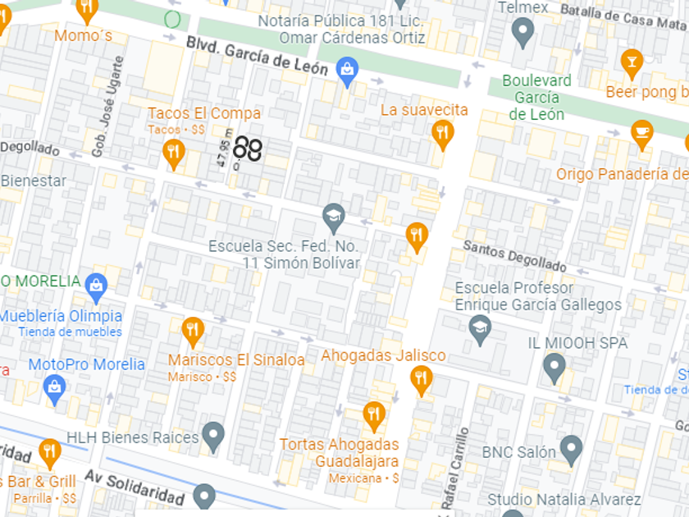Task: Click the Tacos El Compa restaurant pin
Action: pyautogui.click(x=172, y=151)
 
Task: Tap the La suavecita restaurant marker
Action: pyautogui.click(x=443, y=133)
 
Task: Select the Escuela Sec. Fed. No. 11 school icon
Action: pyautogui.click(x=333, y=217)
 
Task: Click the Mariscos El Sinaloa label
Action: pyautogui.click(x=236, y=359)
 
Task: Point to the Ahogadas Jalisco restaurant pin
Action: pyautogui.click(x=421, y=378)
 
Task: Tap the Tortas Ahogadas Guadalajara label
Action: pyautogui.click(x=339, y=452)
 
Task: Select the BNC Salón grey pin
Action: pyautogui.click(x=571, y=451)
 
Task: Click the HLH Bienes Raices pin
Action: pyautogui.click(x=213, y=436)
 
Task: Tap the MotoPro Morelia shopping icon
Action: pyautogui.click(x=55, y=388)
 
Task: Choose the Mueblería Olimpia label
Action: pyautogui.click(x=62, y=316)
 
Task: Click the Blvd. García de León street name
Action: pyautogui.click(x=257, y=56)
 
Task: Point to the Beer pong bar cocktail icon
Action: pyautogui.click(x=631, y=62)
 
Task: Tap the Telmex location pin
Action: pyautogui.click(x=522, y=32)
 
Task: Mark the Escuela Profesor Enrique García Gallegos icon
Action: pyautogui.click(x=480, y=330)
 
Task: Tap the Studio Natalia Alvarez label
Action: pyautogui.click(x=564, y=499)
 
